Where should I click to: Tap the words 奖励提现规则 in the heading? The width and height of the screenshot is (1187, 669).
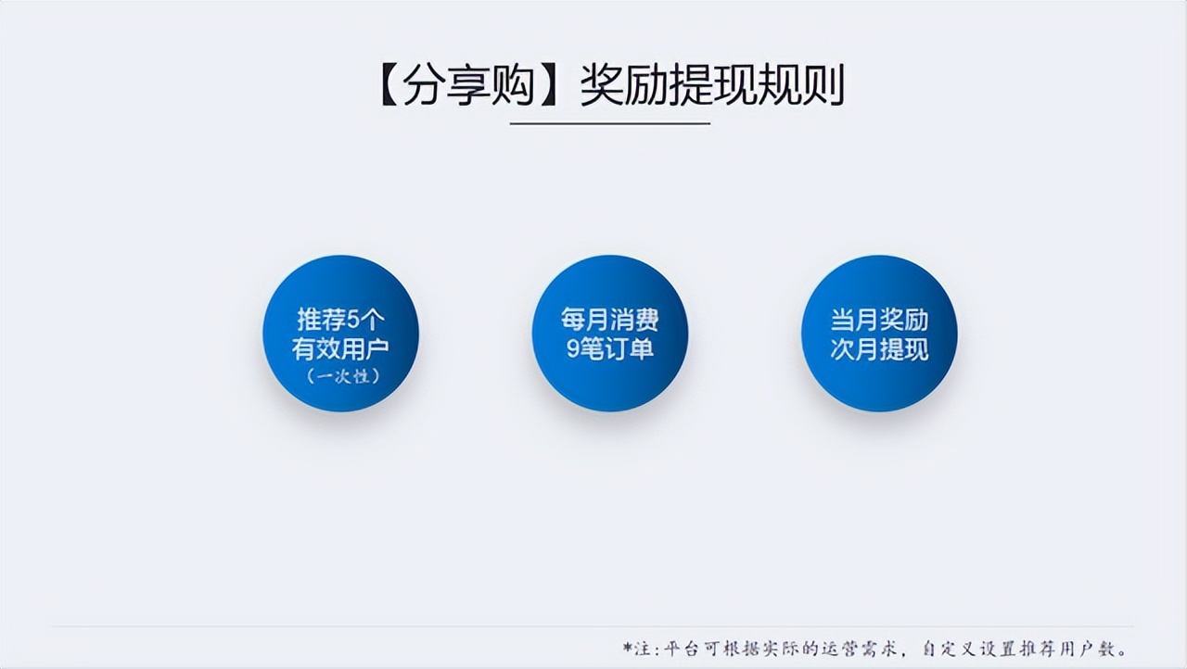coord(711,86)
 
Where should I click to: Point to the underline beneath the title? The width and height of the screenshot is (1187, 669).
coord(610,123)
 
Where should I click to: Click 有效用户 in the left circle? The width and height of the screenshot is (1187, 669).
coord(340,350)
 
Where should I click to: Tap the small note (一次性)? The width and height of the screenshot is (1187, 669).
coord(340,377)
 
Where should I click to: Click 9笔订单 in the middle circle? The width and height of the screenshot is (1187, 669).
coord(609,350)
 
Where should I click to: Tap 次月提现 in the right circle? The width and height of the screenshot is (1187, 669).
coord(879,350)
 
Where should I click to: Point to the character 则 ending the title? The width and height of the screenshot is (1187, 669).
coord(823,86)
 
